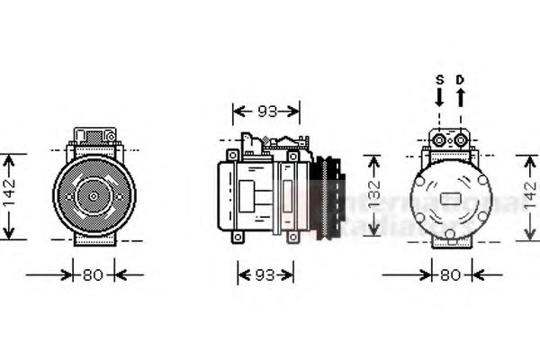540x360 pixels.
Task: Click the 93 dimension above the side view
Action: [266, 112]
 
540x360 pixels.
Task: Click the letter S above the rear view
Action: [440, 79]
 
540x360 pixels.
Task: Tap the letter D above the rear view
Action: [460, 79]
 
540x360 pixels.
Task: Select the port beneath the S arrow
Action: [441, 139]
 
